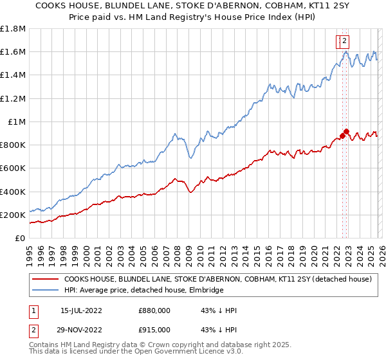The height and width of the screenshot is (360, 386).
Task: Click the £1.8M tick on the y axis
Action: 13,29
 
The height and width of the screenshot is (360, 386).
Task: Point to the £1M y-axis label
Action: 16,122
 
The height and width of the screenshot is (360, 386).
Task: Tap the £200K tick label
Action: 13,215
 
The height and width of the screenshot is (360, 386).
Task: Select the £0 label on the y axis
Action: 20,239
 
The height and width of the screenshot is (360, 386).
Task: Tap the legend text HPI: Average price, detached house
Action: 143,291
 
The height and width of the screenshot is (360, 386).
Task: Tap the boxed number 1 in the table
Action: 32,310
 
